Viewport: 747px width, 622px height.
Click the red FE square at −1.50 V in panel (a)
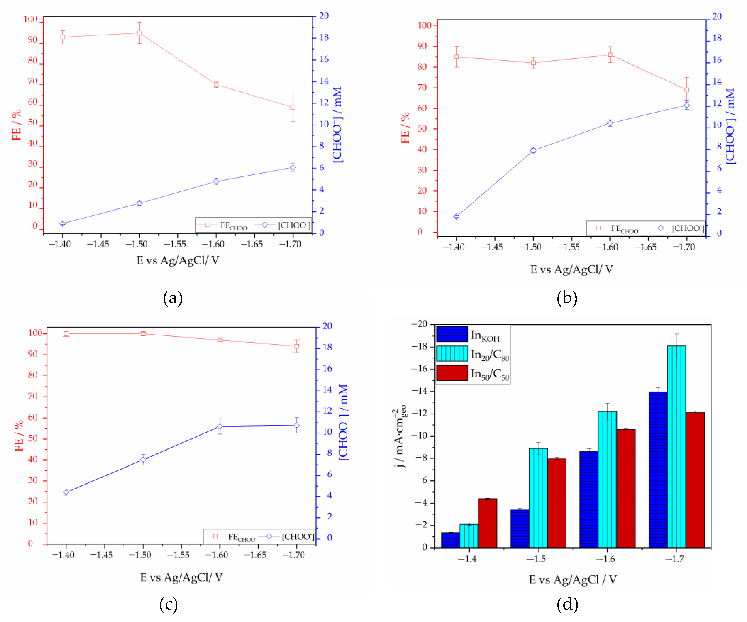[x=139, y=33]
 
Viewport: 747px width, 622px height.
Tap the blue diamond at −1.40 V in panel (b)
[x=456, y=216]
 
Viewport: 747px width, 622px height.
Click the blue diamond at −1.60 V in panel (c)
[x=220, y=426]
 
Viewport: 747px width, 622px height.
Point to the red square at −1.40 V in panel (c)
[x=66, y=333]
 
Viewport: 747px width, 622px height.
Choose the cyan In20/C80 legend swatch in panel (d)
[x=452, y=353]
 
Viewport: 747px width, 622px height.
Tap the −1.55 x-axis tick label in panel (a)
[x=175, y=244]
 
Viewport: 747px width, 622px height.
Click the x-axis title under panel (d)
[x=572, y=579]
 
